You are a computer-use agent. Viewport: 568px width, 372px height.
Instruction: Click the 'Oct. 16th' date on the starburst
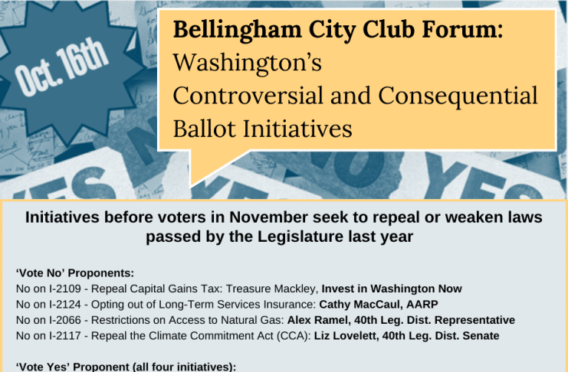[x=61, y=67]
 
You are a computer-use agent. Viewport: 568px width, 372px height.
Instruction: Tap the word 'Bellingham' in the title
[x=238, y=31]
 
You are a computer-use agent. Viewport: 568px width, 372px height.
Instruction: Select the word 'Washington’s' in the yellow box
[x=248, y=62]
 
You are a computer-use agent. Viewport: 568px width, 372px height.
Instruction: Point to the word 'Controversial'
[x=248, y=96]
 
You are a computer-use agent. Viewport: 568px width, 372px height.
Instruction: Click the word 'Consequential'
[x=458, y=96]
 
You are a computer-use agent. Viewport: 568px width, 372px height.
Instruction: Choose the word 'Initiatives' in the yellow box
[x=297, y=129]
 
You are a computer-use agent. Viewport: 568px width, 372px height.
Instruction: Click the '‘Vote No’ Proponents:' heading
[x=75, y=272]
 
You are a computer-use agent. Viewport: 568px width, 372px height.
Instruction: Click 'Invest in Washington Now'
[x=392, y=289]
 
